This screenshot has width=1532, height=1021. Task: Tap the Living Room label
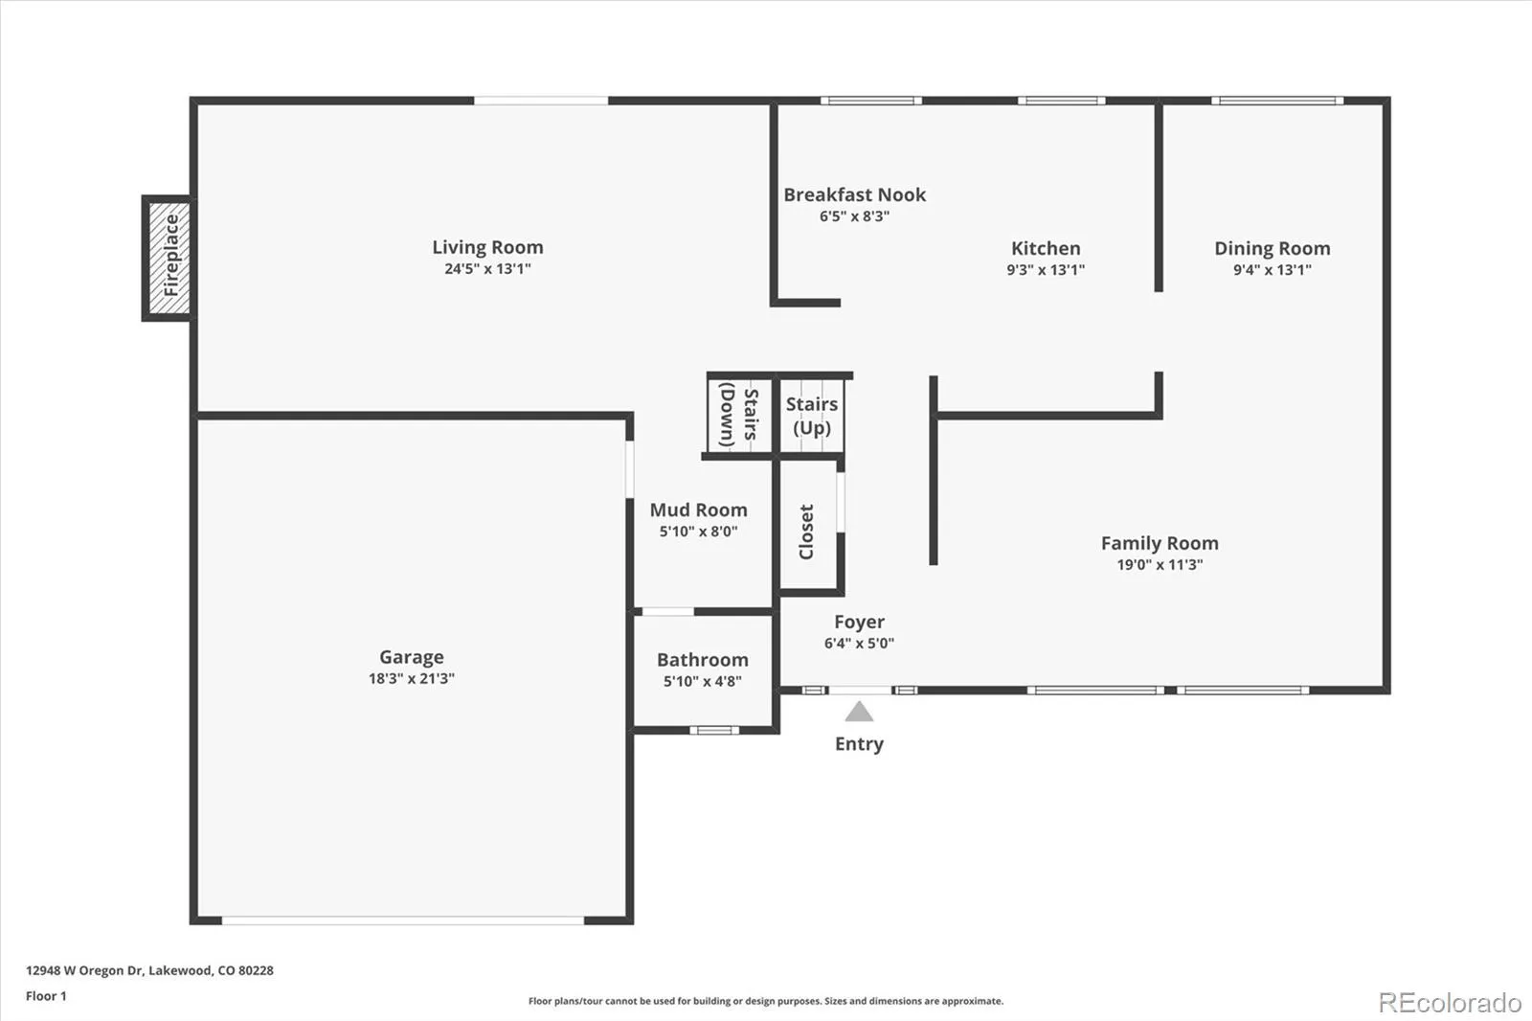[487, 247]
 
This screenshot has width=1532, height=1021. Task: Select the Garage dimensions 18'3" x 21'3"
[412, 678]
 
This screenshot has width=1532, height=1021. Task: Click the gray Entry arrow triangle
[859, 712]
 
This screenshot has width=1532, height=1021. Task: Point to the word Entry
[859, 744]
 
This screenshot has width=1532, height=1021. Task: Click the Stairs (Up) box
[812, 416]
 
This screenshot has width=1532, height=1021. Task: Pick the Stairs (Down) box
[739, 416]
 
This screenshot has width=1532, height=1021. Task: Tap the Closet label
[806, 532]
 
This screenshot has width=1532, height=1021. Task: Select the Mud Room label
[698, 510]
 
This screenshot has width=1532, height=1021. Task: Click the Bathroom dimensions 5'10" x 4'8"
[703, 681]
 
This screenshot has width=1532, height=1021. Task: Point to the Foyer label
[859, 622]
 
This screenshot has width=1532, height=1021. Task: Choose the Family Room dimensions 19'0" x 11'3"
[1160, 564]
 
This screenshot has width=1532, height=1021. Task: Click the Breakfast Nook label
[855, 195]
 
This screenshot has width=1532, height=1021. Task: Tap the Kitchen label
[1046, 248]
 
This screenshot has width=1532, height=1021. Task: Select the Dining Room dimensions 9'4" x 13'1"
[1273, 270]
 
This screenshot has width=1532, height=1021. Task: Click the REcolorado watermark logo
[1450, 1003]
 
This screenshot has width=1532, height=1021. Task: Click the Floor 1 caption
[47, 996]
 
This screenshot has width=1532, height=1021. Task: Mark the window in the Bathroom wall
[714, 730]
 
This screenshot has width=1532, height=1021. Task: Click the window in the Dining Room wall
[1277, 101]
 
